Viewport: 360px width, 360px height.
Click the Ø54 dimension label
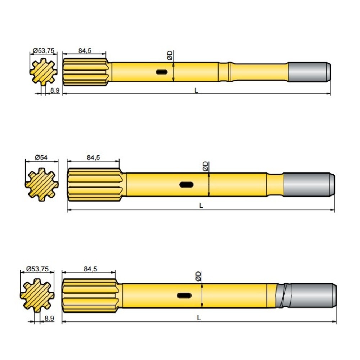pyautogui.click(x=41, y=158)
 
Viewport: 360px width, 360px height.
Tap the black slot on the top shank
pyautogui.click(x=162, y=72)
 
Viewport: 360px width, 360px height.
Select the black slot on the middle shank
pyautogui.click(x=186, y=185)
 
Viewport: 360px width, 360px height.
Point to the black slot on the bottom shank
pyautogui.click(x=184, y=296)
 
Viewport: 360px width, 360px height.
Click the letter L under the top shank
pyautogui.click(x=196, y=90)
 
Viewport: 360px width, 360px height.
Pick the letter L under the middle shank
pyautogui.click(x=201, y=206)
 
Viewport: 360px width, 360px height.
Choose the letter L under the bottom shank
pyautogui.click(x=199, y=318)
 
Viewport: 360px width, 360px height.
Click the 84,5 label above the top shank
pyautogui.click(x=85, y=50)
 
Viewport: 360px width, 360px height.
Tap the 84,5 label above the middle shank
pyautogui.click(x=94, y=158)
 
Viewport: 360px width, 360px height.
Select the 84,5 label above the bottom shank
pyautogui.click(x=90, y=269)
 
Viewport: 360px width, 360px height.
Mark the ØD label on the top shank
pyautogui.click(x=170, y=55)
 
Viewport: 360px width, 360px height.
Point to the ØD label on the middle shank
pyautogui.click(x=205, y=166)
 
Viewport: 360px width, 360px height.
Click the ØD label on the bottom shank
pyautogui.click(x=198, y=276)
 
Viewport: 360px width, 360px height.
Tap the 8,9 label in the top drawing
pyautogui.click(x=55, y=90)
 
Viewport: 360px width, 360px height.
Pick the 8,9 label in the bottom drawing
pyautogui.click(x=49, y=318)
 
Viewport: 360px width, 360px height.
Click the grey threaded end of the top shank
pyautogui.click(x=309, y=72)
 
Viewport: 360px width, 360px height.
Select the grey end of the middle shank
pyautogui.click(x=309, y=185)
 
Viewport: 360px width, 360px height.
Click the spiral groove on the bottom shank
pyautogui.click(x=283, y=296)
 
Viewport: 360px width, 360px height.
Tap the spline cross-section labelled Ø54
pyautogui.click(x=41, y=185)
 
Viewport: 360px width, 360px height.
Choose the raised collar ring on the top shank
pyautogui.click(x=230, y=72)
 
